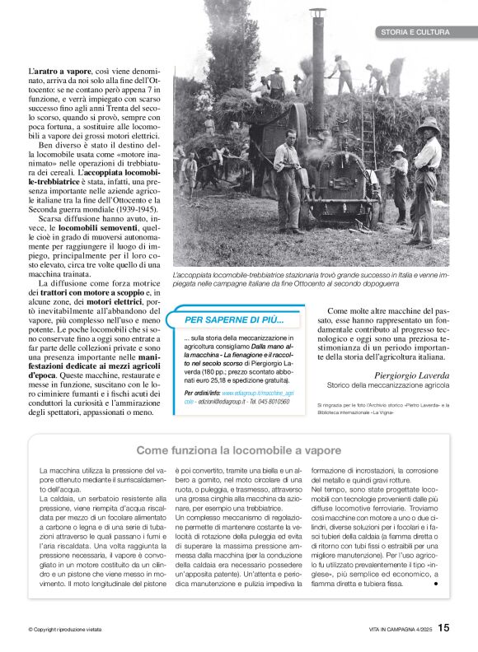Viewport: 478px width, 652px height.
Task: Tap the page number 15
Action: pyautogui.click(x=443, y=628)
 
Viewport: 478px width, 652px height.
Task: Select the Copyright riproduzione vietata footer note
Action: pyautogui.click(x=64, y=630)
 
